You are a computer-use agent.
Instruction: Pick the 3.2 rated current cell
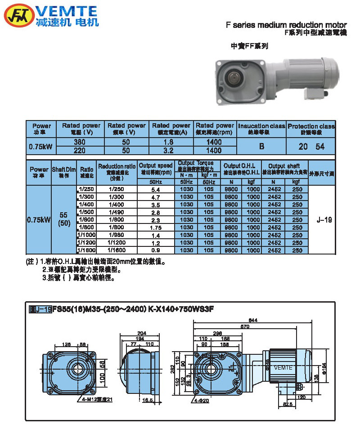coord(171,150)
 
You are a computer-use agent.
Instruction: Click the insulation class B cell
coord(261,146)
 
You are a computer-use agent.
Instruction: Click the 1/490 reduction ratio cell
coord(117,212)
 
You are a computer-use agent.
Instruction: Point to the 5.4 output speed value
coord(156,189)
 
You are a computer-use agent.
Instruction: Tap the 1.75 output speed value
coord(156,228)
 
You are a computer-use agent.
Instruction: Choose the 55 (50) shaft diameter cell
coord(64,219)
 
